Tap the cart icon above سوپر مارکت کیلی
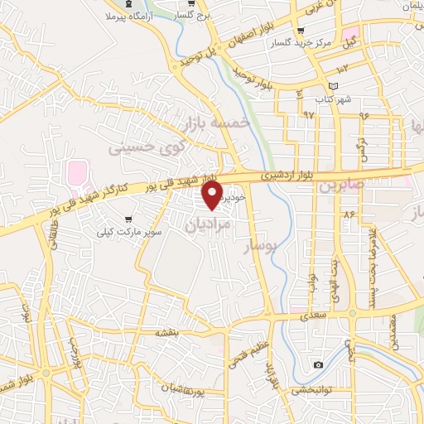coord(129,219)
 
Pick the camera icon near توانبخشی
coord(319,365)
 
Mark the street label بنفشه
coord(166,332)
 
